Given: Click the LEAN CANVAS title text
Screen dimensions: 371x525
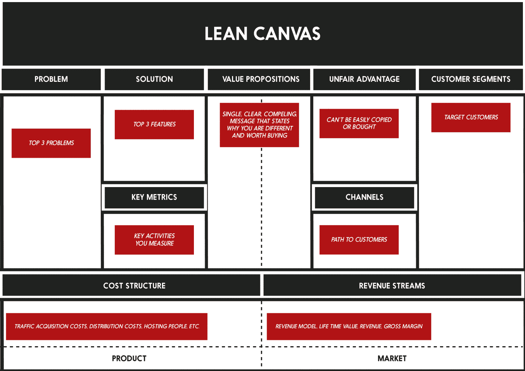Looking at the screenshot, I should click(x=262, y=34).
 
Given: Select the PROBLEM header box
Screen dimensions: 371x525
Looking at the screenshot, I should click(x=51, y=79).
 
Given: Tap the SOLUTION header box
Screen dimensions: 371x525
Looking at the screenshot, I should click(x=154, y=79).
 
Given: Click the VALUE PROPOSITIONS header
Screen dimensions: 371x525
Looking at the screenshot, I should click(x=261, y=79).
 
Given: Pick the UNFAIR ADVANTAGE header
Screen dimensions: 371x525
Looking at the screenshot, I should click(x=364, y=79).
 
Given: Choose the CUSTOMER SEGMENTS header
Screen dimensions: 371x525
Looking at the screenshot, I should click(x=471, y=79).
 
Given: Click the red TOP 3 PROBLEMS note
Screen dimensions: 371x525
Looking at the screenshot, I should click(x=51, y=143).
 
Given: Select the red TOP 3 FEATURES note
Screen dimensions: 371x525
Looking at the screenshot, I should click(x=154, y=124).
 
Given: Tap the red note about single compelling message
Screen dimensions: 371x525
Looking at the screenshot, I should click(x=259, y=125).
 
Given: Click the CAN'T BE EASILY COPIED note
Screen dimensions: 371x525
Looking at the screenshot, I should click(x=359, y=123).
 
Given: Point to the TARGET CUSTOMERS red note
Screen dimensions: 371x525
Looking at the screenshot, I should click(x=471, y=117).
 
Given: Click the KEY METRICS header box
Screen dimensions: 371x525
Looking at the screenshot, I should click(x=154, y=198).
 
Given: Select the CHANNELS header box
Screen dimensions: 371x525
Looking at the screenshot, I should click(x=364, y=198).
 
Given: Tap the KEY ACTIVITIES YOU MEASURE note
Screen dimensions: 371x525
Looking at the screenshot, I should click(x=154, y=240).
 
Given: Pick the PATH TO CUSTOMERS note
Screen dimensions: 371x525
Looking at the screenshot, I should click(x=359, y=240).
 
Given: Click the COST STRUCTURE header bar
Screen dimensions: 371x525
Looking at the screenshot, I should click(x=134, y=286).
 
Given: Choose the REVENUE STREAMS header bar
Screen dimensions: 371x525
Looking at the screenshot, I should click(x=392, y=286).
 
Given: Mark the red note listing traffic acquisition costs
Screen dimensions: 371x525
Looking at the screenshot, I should click(x=107, y=327).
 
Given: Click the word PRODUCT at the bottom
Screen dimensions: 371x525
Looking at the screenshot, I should click(x=129, y=358).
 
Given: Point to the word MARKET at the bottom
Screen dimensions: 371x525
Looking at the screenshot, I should click(x=392, y=358).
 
